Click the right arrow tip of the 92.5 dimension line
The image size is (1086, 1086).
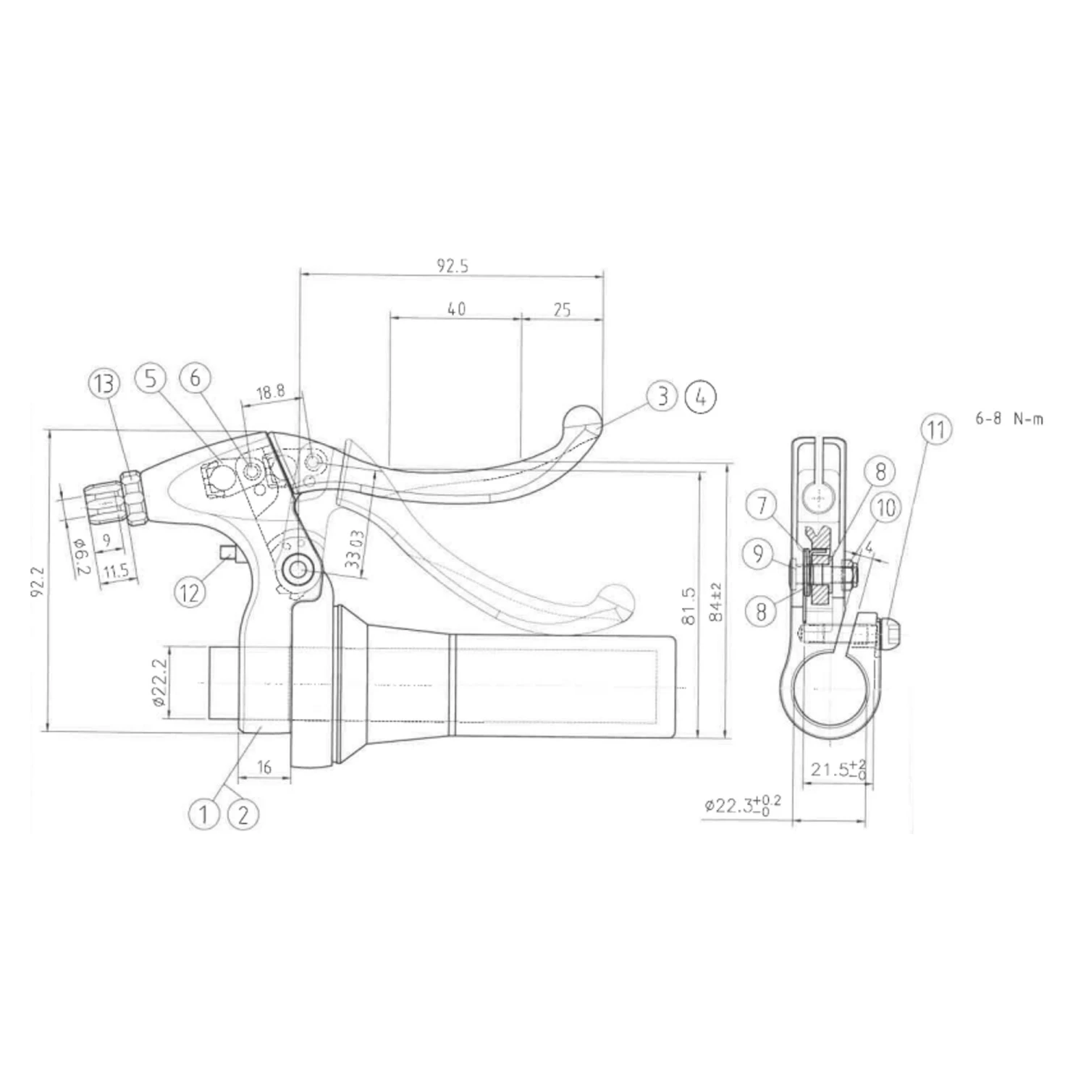[603, 274]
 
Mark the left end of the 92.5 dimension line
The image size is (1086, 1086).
[300, 274]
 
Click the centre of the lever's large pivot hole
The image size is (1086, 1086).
[298, 571]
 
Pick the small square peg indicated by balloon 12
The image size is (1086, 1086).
[229, 554]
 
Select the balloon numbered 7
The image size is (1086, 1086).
[762, 505]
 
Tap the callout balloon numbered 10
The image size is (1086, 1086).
[887, 508]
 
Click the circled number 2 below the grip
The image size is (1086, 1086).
[243, 814]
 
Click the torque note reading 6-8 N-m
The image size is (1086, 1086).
[1010, 418]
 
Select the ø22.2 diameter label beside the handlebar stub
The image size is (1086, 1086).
[161, 682]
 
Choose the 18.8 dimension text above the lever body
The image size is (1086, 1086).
[271, 392]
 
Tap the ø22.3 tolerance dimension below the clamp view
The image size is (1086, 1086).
[743, 804]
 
